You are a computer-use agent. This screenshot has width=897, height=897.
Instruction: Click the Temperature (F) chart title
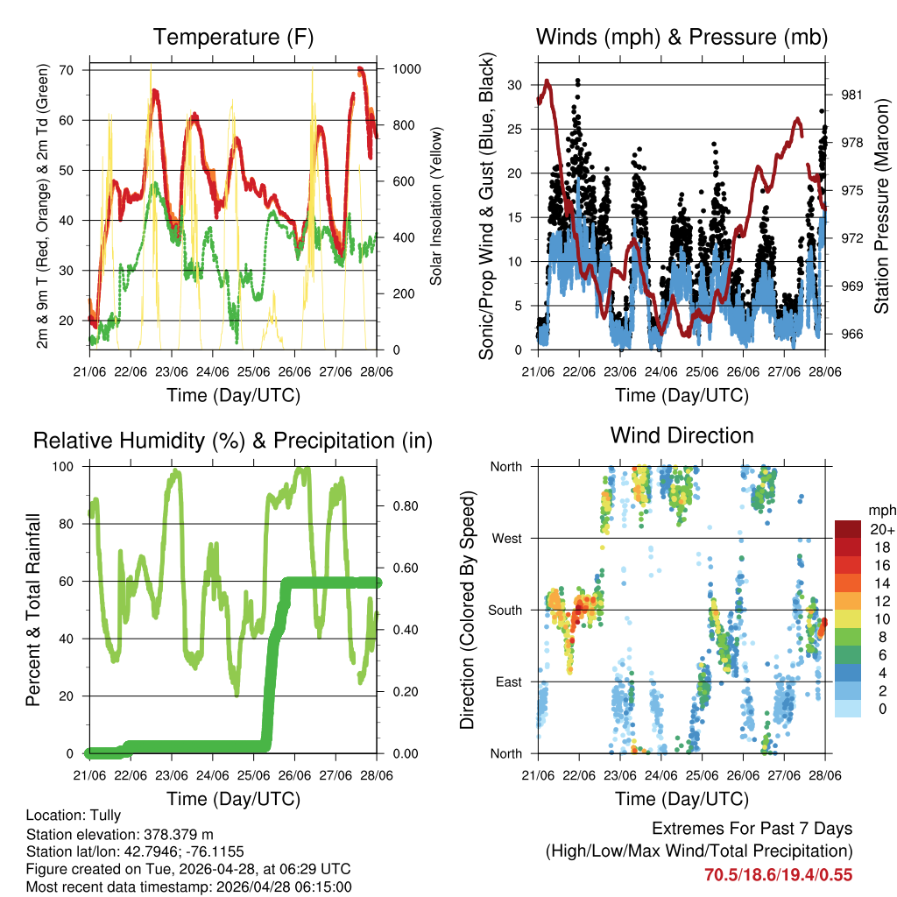233,37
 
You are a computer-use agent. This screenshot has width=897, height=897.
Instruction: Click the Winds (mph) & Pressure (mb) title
682,37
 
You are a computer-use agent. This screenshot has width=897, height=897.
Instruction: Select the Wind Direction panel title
682,434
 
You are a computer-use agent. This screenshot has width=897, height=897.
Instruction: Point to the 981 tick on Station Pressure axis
852,95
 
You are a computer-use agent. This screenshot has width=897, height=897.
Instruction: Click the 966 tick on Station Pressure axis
852,334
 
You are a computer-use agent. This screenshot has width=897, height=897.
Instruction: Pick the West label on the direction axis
506,538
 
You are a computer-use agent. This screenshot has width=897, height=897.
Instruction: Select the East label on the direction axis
508,682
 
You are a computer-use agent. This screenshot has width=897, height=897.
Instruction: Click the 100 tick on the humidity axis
71,466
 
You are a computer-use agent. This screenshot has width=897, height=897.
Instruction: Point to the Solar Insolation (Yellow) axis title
436,206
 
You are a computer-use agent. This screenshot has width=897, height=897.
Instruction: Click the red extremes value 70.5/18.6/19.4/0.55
778,874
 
